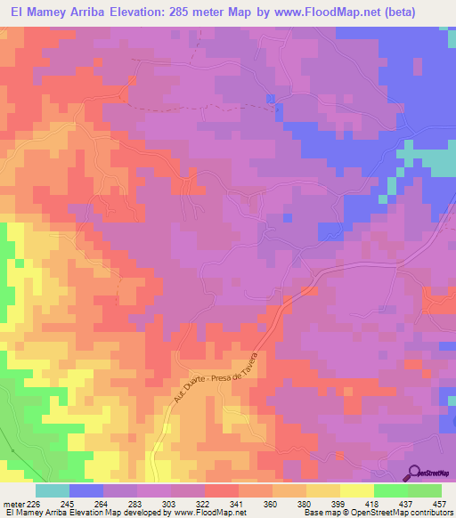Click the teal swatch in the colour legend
tap(53, 490)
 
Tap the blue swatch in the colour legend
tap(86, 490)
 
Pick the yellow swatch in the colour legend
tap(357, 490)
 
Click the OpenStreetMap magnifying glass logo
tap(413, 473)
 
